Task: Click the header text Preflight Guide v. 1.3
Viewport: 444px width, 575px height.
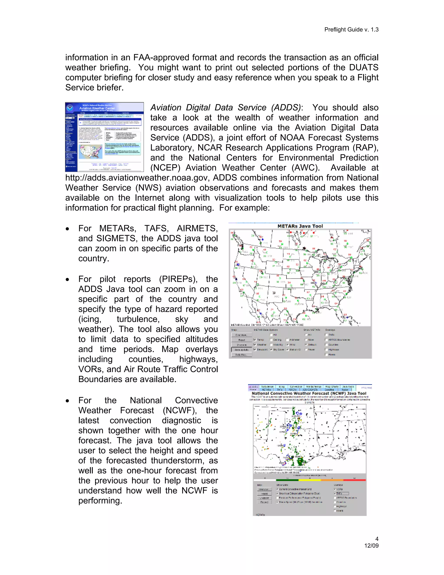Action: tap(351, 30)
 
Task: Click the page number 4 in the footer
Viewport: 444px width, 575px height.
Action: tap(377, 539)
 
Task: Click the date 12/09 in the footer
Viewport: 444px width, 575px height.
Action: tap(371, 545)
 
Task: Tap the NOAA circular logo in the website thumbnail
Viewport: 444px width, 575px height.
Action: tap(70, 108)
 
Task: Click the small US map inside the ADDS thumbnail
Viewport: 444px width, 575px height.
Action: tap(91, 152)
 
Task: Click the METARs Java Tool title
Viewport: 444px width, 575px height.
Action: tap(300, 226)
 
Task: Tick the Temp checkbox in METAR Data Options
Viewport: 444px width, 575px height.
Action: tap(255, 340)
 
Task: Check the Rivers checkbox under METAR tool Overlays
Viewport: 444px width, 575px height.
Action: tap(326, 354)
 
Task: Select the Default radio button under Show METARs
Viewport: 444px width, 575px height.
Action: tap(306, 344)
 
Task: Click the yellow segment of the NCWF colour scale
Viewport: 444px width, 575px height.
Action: tap(310, 480)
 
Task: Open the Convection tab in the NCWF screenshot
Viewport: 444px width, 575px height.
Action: tap(296, 386)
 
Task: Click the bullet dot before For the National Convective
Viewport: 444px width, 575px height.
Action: tap(68, 401)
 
